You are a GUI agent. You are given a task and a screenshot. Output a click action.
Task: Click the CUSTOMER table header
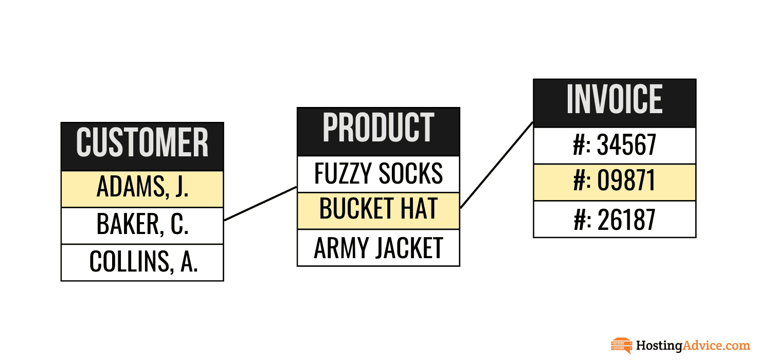coord(142,147)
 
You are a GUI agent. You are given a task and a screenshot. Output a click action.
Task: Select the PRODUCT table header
coord(378,132)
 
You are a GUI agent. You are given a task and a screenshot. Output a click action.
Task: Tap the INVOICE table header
coord(615,103)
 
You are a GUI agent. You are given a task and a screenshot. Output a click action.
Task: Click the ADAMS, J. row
coord(142,189)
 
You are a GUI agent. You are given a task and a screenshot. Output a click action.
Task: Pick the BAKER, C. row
coord(142,226)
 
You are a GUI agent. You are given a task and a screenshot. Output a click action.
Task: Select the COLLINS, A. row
coord(142,263)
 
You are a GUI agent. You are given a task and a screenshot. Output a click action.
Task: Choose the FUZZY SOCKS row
coord(378,174)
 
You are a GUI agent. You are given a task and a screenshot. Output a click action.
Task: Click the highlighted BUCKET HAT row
coord(378,211)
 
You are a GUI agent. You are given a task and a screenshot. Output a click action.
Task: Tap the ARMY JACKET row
coord(378,248)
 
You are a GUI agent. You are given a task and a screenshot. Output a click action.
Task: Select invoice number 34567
coord(615,146)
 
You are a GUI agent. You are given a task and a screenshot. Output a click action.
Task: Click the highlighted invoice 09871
coord(615,183)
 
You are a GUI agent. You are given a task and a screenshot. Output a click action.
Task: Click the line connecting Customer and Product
coord(261,204)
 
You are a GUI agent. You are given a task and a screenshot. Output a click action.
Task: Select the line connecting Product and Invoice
coord(497,165)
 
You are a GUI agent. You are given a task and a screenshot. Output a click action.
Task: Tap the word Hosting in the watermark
coord(659,346)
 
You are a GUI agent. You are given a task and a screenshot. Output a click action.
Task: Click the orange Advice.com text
coord(716,345)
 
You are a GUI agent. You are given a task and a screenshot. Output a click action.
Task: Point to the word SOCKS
coord(410,173)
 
